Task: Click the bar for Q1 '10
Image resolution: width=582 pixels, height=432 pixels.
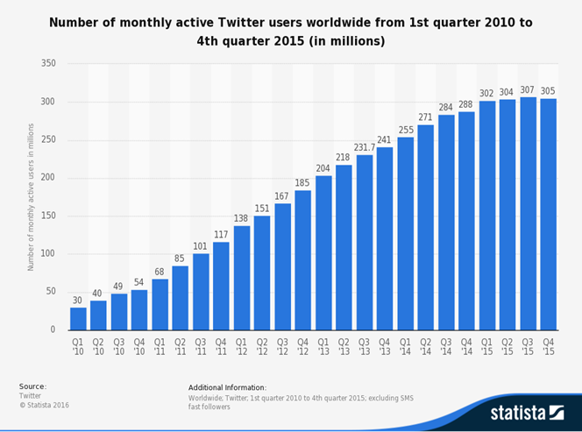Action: (79, 318)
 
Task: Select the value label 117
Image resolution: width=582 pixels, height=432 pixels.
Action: (221, 235)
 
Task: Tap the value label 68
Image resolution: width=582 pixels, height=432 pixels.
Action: (160, 272)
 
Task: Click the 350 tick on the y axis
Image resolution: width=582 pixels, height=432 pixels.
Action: (48, 64)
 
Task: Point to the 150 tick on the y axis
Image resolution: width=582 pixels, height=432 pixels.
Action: (48, 216)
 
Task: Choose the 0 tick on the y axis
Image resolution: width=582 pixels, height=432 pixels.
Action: (53, 329)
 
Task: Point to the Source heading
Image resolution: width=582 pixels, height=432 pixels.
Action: (32, 386)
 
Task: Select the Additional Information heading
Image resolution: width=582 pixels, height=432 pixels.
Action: (227, 386)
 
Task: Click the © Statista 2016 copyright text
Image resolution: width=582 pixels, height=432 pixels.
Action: (44, 405)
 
